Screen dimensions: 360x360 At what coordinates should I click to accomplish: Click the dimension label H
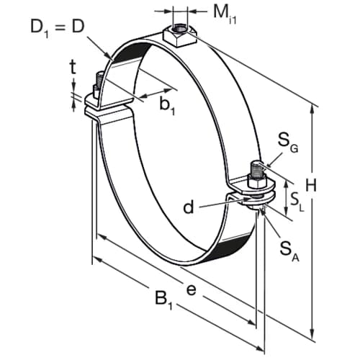click(311, 185)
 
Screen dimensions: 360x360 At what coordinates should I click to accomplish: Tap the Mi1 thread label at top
click(225, 14)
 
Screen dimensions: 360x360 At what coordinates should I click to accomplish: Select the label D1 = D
click(58, 28)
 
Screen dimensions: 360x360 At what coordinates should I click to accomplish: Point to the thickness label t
click(73, 68)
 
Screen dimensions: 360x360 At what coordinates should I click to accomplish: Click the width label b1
click(168, 106)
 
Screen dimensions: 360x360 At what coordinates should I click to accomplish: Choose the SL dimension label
click(297, 203)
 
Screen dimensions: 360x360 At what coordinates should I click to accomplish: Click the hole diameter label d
click(188, 207)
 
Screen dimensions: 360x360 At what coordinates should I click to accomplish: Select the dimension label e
click(192, 290)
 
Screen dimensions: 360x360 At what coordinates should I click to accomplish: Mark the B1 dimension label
click(163, 299)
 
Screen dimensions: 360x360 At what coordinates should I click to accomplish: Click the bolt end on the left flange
click(99, 80)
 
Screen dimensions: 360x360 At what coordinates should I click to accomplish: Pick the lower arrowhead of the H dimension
click(312, 333)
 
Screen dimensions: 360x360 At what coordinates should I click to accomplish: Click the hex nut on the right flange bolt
click(257, 181)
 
